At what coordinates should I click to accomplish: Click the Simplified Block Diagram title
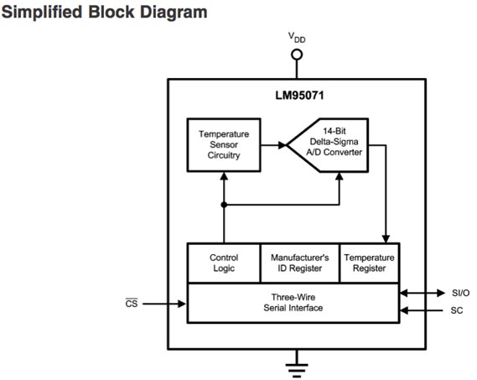pos(105,13)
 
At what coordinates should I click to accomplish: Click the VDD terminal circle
pos(296,55)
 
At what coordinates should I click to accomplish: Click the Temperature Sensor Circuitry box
pos(223,144)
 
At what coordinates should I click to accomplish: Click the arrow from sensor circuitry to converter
pos(272,144)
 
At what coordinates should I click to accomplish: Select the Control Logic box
pos(223,263)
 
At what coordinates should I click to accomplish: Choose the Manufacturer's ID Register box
pos(298,263)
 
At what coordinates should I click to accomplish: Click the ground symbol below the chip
pos(296,363)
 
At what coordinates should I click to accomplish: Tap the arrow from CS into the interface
pos(164,304)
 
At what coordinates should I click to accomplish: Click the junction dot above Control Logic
pos(223,204)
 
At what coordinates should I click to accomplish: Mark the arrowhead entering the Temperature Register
pos(386,238)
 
